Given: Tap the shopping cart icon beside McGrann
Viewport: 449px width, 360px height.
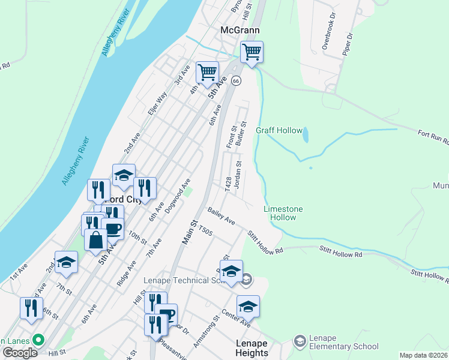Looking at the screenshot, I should click(x=252, y=52).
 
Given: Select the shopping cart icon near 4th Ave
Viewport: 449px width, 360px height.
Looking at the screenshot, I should click(x=207, y=72).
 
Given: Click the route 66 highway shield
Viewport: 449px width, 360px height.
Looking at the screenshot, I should click(x=237, y=80).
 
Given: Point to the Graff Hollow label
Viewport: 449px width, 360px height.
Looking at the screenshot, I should click(x=277, y=130).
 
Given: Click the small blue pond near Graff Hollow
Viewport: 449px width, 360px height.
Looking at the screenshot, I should click(x=306, y=135).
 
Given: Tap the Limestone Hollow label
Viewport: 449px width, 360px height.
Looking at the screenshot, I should click(x=283, y=213).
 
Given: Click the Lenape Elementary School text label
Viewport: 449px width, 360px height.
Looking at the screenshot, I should click(x=344, y=342).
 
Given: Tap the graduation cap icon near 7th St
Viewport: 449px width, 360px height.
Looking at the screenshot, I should click(x=66, y=262).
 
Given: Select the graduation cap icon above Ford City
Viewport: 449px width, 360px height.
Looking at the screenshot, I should click(x=124, y=175).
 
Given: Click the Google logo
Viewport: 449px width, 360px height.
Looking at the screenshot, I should click(x=20, y=353).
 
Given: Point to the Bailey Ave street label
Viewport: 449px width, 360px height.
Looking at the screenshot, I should click(x=221, y=217).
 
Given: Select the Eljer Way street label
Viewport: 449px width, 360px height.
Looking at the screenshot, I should click(x=157, y=103).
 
